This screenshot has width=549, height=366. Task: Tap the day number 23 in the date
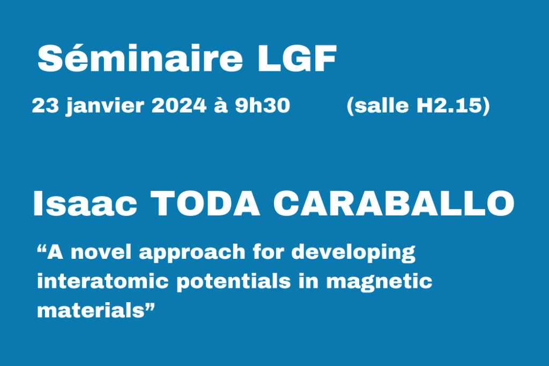point(44,106)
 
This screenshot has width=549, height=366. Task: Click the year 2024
point(179,106)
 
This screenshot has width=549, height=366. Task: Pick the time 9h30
point(263,106)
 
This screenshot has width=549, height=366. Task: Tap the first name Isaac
point(86,204)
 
